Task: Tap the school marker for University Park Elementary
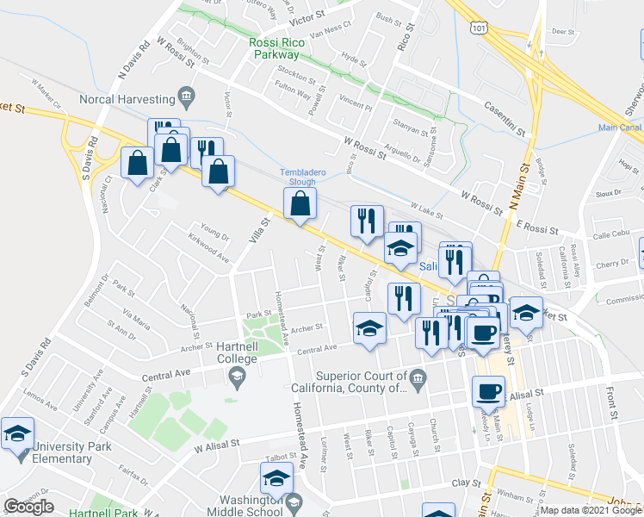click(15, 435)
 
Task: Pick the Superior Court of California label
click(361, 382)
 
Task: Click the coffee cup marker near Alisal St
click(488, 391)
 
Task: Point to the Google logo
click(28, 506)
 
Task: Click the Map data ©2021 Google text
click(591, 510)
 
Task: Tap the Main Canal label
click(621, 128)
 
